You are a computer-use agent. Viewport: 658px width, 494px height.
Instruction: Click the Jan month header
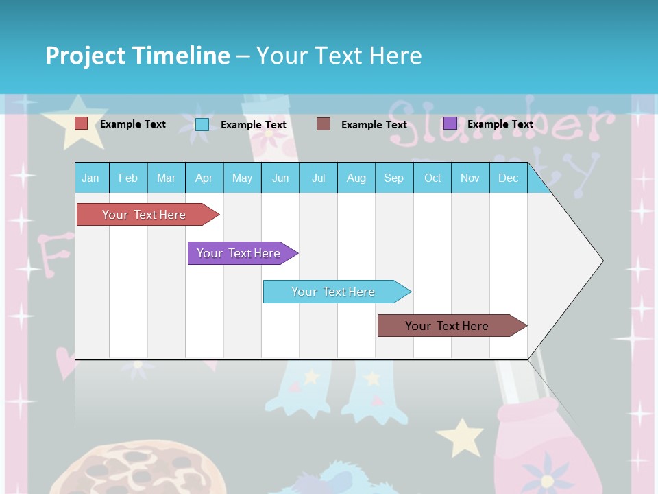(91, 178)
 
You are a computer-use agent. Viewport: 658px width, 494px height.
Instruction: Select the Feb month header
(128, 178)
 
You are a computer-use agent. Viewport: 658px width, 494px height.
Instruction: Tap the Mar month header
(166, 178)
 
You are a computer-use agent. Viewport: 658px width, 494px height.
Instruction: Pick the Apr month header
(204, 178)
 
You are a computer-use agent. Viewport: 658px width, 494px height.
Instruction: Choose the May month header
(242, 178)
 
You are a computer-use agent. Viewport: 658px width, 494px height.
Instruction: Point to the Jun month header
(280, 178)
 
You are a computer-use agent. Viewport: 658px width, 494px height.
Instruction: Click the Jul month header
(318, 178)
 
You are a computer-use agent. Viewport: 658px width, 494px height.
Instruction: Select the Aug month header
(356, 178)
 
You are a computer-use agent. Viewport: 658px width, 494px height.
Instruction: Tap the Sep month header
(394, 178)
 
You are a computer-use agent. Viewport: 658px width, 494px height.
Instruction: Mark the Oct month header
(432, 178)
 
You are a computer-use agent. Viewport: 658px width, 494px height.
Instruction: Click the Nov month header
(470, 178)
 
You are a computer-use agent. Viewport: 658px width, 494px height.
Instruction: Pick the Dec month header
(509, 178)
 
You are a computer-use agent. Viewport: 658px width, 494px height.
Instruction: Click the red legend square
(82, 123)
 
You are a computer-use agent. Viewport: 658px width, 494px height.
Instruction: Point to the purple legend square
(450, 123)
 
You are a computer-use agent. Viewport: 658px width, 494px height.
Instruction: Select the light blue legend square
(202, 124)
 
